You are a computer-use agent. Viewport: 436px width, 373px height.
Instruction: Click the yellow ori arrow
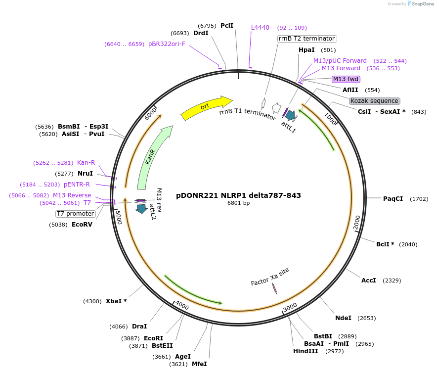[206, 107]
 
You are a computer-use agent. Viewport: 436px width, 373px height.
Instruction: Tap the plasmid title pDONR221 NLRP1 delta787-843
[238, 195]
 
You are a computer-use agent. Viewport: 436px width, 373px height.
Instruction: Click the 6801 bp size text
[238, 203]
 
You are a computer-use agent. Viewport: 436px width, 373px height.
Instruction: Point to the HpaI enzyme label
[306, 50]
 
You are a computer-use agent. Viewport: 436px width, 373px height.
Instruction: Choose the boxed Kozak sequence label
[374, 101]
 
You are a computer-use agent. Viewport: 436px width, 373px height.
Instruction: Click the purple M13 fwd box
[346, 79]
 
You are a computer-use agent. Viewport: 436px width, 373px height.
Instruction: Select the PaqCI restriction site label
[393, 199]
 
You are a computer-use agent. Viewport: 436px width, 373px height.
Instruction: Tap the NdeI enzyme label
[344, 318]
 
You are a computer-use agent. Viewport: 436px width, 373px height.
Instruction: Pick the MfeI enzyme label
[199, 364]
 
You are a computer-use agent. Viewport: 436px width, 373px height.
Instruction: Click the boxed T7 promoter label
[75, 214]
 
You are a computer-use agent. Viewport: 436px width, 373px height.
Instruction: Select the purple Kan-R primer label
[86, 163]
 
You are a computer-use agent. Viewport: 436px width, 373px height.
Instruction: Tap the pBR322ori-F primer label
[167, 44]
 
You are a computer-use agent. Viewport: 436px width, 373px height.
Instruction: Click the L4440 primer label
[260, 28]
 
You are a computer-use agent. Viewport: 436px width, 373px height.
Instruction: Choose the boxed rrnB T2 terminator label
[306, 39]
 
